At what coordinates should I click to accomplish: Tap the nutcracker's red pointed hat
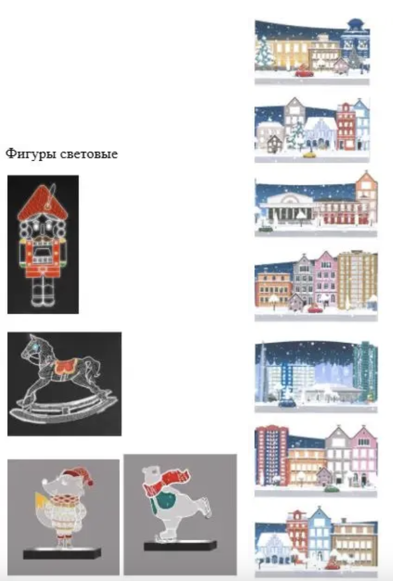point(43,202)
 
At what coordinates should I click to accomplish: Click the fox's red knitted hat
point(76,476)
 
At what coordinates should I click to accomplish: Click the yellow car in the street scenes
point(309,154)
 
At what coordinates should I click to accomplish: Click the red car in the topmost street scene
point(304,72)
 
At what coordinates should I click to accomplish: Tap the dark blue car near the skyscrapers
point(287,403)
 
